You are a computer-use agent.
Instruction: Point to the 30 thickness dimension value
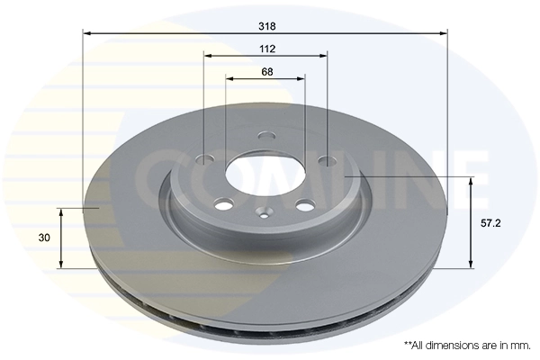43,238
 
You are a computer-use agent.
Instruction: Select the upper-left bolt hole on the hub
204,160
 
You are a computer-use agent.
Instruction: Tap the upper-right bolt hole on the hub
327,162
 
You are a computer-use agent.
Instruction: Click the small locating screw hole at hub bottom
263,214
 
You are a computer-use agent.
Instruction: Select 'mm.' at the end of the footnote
520,345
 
